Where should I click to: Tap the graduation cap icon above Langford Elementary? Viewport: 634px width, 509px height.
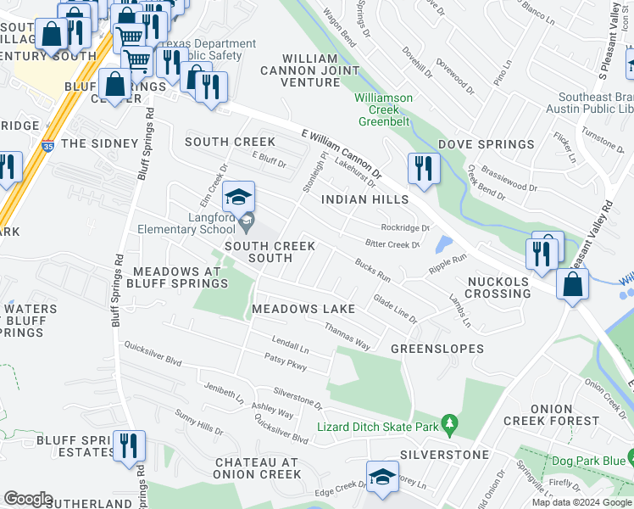pyautogui.click(x=239, y=197)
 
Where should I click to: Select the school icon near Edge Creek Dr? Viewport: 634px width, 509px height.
pyautogui.click(x=382, y=476)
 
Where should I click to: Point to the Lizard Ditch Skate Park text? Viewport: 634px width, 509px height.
pyautogui.click(x=378, y=428)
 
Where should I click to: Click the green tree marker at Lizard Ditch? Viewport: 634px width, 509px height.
pyautogui.click(x=450, y=422)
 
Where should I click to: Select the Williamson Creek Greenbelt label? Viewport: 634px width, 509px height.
pyautogui.click(x=383, y=104)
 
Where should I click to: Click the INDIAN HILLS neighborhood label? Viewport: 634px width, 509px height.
pyautogui.click(x=365, y=199)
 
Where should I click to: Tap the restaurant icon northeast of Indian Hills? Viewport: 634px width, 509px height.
pyautogui.click(x=421, y=168)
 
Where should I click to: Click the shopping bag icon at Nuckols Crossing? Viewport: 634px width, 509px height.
pyautogui.click(x=572, y=284)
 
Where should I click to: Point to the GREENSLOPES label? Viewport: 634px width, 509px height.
pyautogui.click(x=437, y=349)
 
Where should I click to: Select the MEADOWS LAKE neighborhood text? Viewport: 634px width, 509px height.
pyautogui.click(x=303, y=309)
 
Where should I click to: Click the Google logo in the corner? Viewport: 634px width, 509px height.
pyautogui.click(x=28, y=499)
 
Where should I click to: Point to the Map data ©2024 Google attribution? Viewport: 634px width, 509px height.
pyautogui.click(x=581, y=502)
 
